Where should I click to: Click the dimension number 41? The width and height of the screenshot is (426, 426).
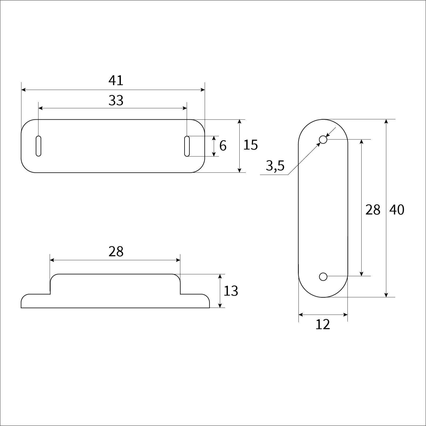116,80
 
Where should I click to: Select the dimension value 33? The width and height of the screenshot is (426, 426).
116,101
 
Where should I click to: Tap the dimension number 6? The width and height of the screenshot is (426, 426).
223,146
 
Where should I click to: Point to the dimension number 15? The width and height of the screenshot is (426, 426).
251,145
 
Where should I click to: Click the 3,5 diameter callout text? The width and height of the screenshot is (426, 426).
275,166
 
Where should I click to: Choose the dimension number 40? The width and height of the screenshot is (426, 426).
397,210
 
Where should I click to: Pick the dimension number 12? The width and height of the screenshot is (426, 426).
323,325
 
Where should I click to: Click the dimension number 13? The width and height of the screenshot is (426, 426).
231,291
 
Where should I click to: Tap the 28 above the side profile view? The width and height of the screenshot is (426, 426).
116,252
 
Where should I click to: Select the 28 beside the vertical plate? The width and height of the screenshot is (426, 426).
372,210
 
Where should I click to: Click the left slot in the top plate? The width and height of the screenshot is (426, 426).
38,146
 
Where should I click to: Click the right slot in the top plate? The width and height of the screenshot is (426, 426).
187,146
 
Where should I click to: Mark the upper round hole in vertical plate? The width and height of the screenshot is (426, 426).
323,140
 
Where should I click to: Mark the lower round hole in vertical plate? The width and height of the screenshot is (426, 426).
323,277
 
